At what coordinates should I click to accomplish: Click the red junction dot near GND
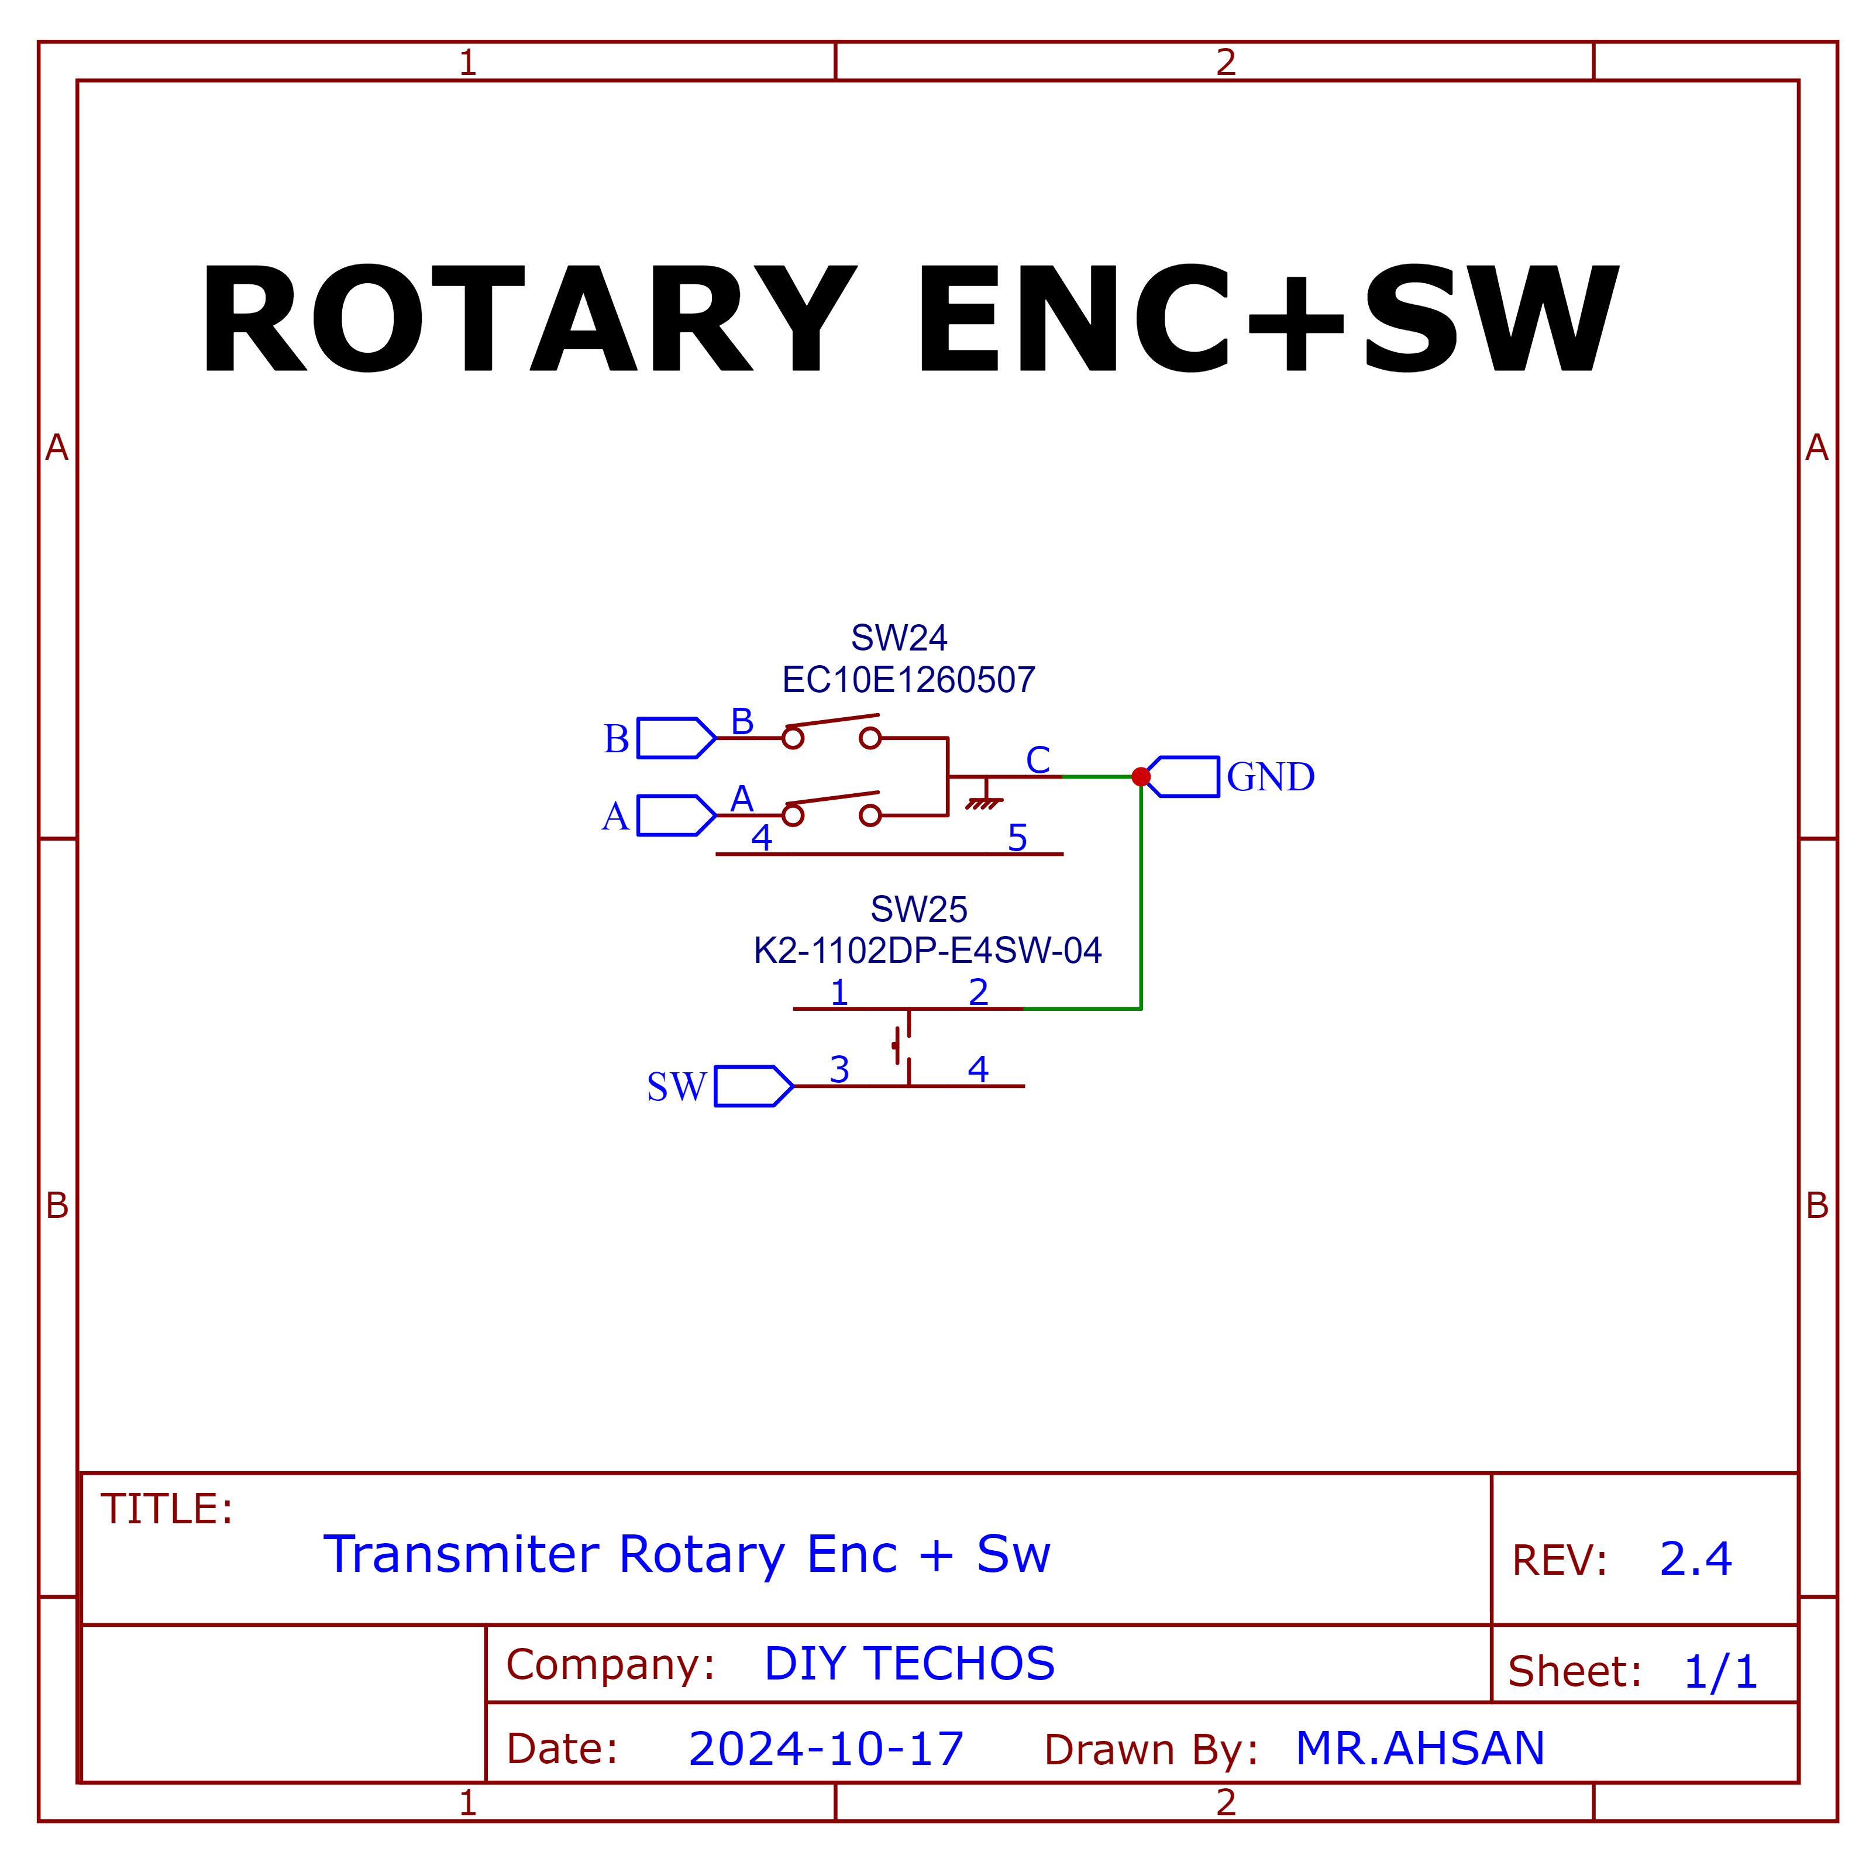click(1141, 777)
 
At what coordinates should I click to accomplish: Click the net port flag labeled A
click(677, 815)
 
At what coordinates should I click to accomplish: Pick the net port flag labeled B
click(677, 738)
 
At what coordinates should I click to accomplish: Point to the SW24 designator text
click(899, 638)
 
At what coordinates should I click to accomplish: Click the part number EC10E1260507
click(909, 680)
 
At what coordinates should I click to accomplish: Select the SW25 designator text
click(918, 910)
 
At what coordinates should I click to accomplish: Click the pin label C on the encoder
click(1038, 759)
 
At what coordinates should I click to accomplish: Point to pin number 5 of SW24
click(1018, 837)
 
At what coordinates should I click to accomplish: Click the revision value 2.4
click(1695, 1559)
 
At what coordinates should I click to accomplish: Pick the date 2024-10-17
click(827, 1749)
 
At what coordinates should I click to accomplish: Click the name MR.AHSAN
click(1420, 1749)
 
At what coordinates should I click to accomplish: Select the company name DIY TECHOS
click(910, 1663)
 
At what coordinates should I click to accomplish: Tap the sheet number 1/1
click(1720, 1672)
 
